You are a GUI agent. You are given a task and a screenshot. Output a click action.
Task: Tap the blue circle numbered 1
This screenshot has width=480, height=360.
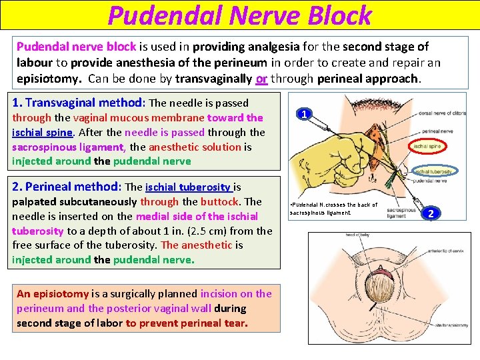coord(304,115)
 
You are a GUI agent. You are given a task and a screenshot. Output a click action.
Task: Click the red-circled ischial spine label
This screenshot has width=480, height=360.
coord(427,145)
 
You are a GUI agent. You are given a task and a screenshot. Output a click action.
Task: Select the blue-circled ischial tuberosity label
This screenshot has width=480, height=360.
coord(431,171)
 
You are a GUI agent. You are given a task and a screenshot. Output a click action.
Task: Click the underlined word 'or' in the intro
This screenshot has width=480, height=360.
coord(261,78)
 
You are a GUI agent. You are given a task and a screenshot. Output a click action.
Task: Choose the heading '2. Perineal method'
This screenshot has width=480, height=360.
coord(66,187)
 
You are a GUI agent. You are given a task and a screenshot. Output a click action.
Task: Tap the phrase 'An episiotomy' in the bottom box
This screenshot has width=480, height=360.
coord(53,293)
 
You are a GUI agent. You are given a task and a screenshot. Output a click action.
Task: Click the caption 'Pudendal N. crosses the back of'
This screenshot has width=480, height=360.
coord(333,205)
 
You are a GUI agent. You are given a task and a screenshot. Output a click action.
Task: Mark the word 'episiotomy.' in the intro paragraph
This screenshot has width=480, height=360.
coord(45,78)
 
